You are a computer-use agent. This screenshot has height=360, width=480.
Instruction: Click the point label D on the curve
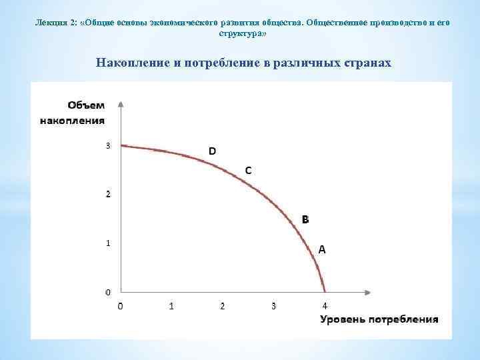(212, 151)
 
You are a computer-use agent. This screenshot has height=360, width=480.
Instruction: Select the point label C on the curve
(248, 171)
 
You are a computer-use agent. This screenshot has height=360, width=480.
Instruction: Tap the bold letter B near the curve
(305, 219)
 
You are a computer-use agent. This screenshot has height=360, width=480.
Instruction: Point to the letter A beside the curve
(321, 249)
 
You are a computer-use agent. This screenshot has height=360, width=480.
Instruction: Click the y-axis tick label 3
(109, 145)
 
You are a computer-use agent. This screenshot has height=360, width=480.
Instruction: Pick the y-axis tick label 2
(109, 194)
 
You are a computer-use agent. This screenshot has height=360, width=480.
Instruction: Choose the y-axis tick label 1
(109, 243)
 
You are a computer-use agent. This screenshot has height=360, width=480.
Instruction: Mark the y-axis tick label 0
(109, 292)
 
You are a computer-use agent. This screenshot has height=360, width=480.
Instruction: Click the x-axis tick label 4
(325, 306)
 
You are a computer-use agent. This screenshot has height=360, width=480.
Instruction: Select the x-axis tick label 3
(273, 306)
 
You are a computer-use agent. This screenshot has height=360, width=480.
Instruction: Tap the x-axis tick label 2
(223, 306)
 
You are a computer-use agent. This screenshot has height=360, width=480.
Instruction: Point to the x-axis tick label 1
(171, 306)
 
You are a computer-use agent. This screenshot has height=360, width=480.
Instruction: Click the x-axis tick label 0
(120, 306)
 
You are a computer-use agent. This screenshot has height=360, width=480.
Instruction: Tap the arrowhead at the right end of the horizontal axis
(368, 292)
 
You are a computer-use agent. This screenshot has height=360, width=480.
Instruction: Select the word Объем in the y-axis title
(86, 105)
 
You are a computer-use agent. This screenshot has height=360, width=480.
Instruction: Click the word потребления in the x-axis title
(401, 319)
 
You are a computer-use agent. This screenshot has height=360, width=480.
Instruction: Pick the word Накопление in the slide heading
(130, 63)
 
